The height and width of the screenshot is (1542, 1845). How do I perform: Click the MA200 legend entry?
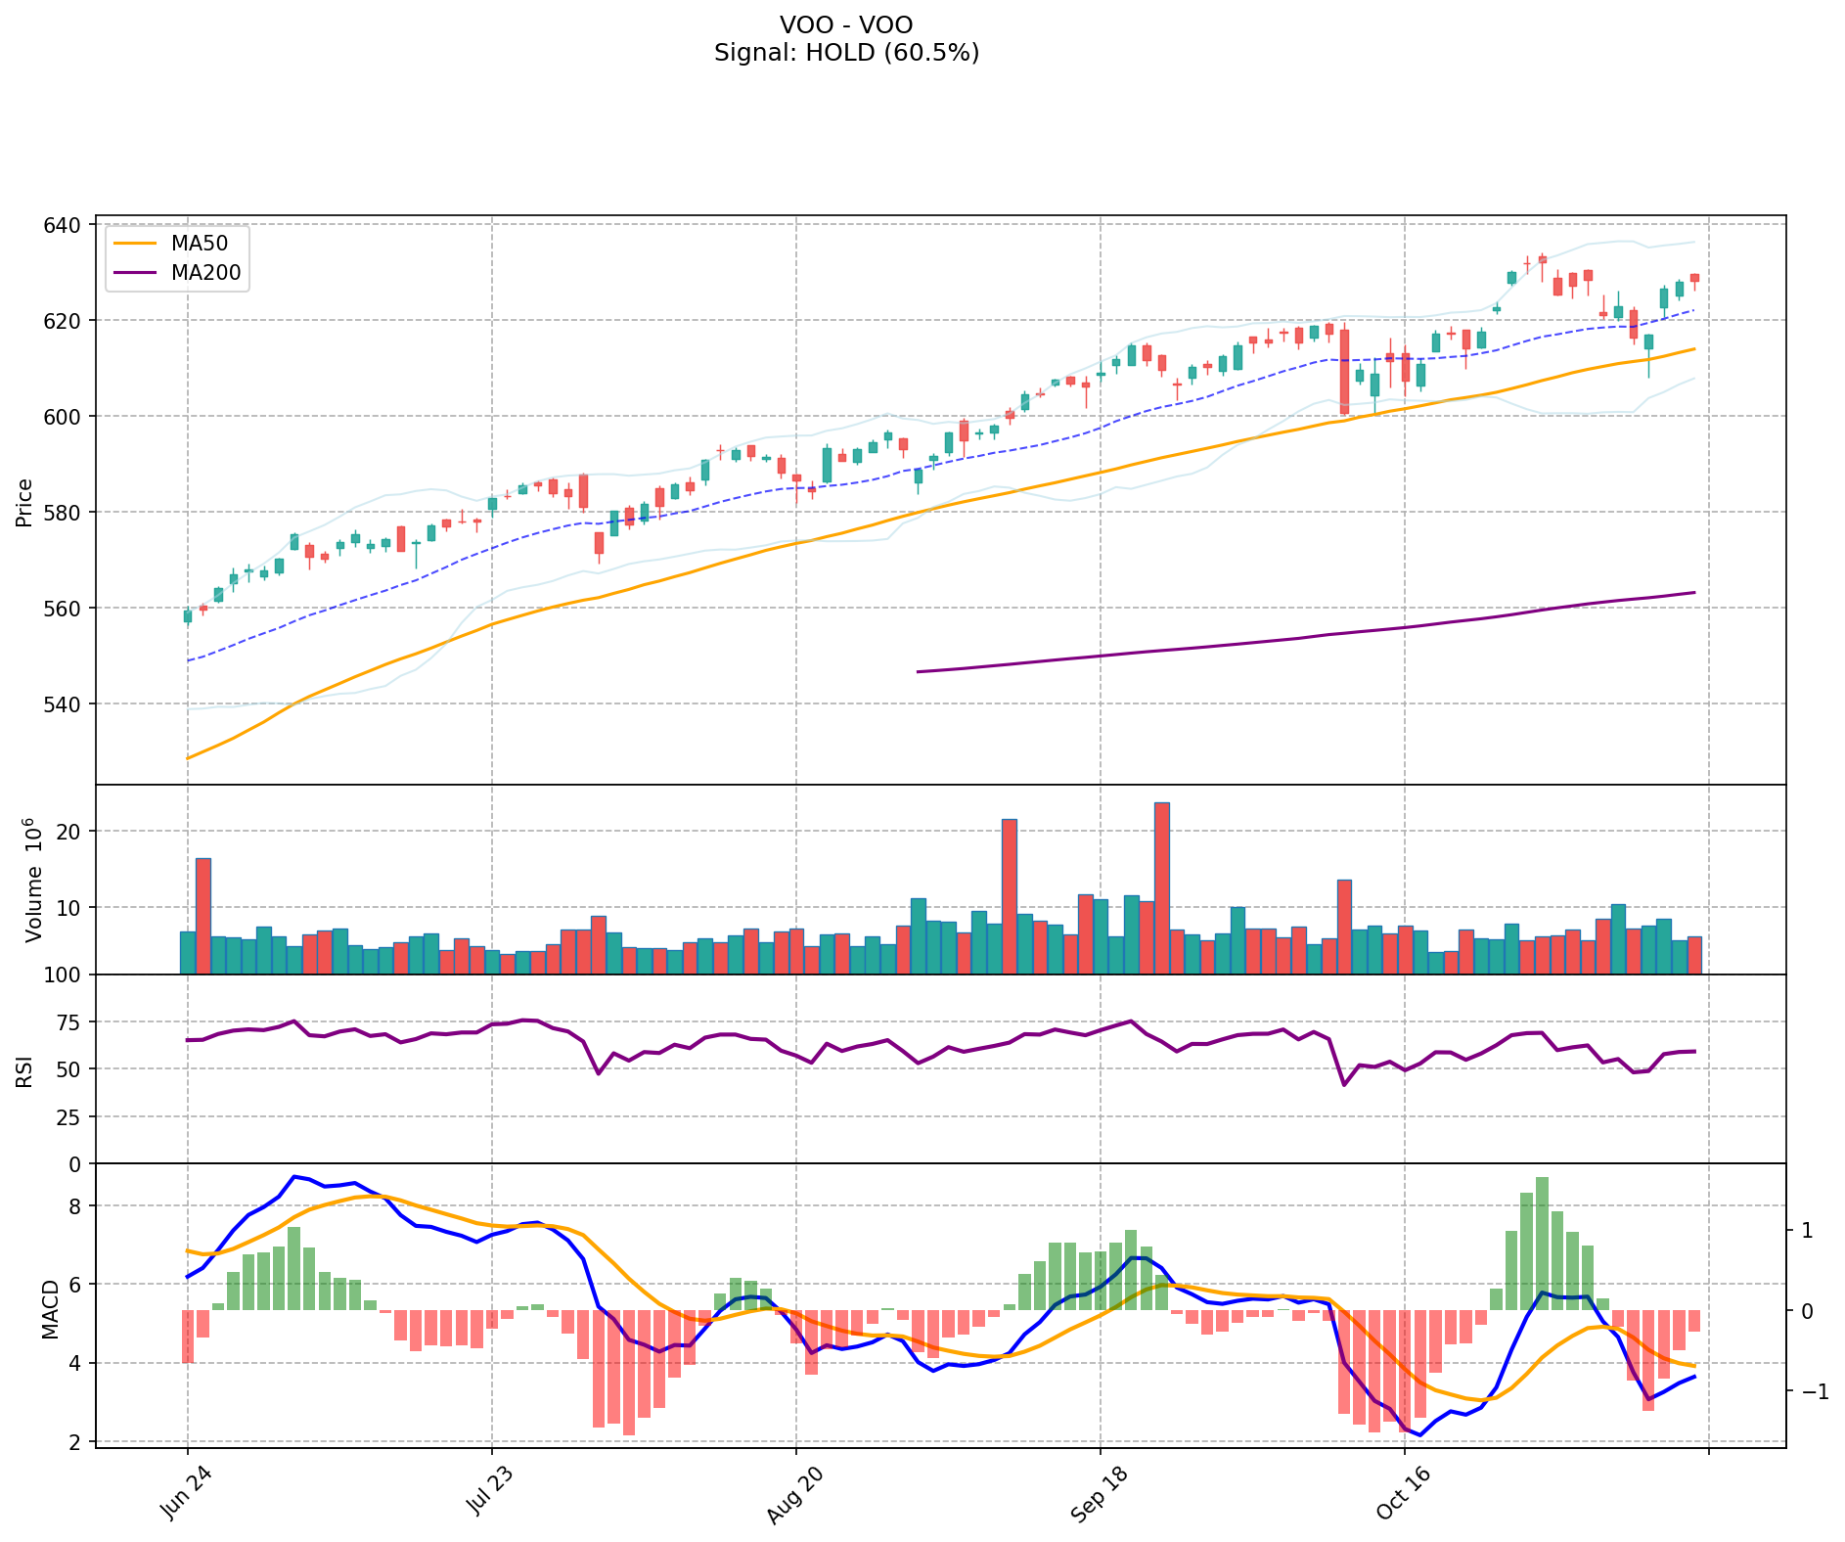205,273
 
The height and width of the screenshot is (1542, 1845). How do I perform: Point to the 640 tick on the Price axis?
62,225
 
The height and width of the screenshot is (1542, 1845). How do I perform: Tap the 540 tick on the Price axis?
62,703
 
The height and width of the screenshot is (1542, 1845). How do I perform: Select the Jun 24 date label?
183,1493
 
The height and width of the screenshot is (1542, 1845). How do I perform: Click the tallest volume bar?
1162,887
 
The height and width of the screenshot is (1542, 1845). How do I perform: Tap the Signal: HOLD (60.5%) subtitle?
846,53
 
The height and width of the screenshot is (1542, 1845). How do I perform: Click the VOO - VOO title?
846,24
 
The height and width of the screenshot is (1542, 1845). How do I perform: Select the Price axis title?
24,502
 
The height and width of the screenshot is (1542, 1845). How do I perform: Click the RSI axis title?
24,1070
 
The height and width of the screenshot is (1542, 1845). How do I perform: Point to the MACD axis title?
50,1309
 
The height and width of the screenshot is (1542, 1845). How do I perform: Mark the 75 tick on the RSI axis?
68,1021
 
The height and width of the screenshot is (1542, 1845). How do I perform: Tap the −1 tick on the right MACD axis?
1809,1391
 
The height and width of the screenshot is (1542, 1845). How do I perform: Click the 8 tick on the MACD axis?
75,1205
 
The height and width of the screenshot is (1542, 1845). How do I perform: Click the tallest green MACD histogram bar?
1542,1243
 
